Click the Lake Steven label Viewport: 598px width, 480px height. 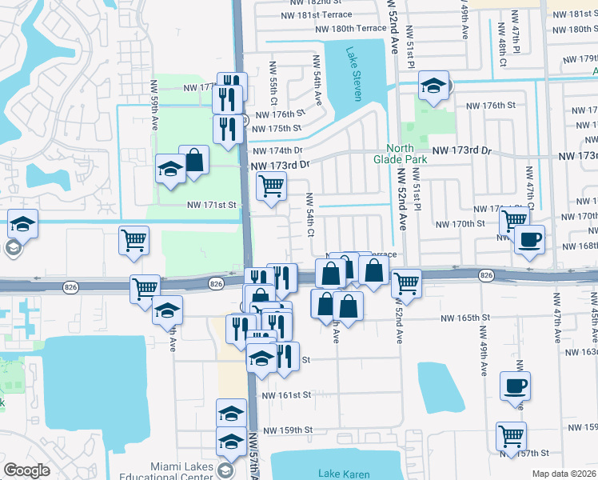coord(353,74)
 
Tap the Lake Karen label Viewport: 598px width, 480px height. coord(345,474)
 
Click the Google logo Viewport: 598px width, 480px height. coord(26,470)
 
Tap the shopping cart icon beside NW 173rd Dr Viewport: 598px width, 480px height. coord(271,186)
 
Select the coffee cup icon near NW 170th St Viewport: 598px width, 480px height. coord(528,239)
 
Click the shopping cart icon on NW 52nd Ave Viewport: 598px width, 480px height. coord(406,283)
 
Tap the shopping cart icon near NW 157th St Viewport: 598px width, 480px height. coord(511,436)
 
